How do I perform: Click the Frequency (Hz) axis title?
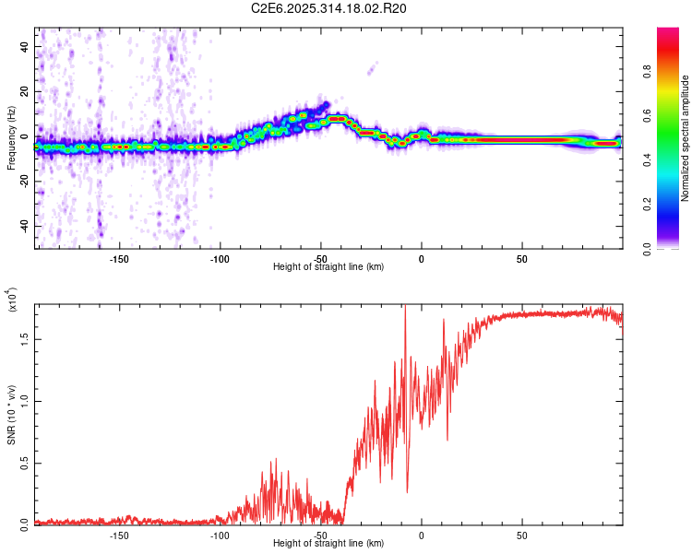(11, 138)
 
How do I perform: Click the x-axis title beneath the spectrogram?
(328, 267)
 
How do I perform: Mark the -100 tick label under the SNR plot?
(220, 535)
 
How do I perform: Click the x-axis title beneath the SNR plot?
(328, 544)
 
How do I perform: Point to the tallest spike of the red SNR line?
(405, 307)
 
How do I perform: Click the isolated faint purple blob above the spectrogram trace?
(372, 67)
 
